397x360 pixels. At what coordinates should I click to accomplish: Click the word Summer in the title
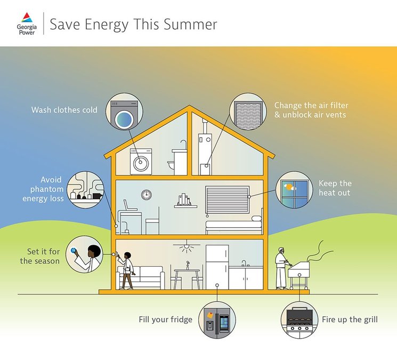191,24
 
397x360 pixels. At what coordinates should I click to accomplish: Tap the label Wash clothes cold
64,110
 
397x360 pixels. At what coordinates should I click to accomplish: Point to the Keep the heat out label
335,188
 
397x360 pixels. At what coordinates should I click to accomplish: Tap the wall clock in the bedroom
145,195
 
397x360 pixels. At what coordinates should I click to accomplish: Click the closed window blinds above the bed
228,199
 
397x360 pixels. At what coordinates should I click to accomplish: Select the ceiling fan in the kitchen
187,246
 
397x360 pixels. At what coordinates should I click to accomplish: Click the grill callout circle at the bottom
299,319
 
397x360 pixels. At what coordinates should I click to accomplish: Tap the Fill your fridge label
165,320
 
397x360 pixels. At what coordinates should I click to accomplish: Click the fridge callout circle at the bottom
217,321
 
